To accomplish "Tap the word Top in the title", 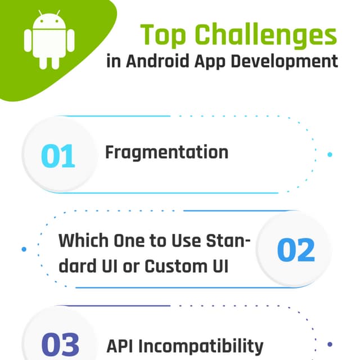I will point(164,35).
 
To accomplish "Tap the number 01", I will point(58,156).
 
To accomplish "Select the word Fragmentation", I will point(166,152).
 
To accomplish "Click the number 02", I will point(295,250).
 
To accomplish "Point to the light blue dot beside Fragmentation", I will point(330,154).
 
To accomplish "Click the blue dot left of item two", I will point(24,249).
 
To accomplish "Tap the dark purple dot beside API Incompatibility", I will point(330,344).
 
